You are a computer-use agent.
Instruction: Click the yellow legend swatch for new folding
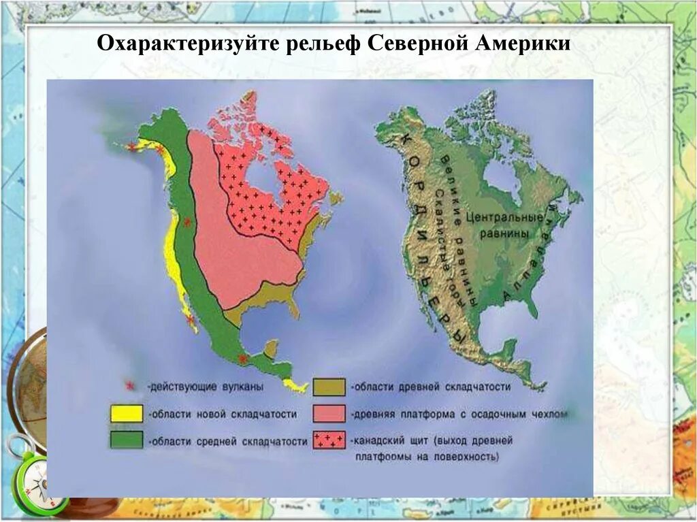pyautogui.click(x=127, y=413)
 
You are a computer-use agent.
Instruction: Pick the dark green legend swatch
pyautogui.click(x=127, y=440)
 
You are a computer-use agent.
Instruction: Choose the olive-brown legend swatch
pyautogui.click(x=330, y=387)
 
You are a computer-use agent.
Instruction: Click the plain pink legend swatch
pyautogui.click(x=330, y=413)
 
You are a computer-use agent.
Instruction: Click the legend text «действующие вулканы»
pyautogui.click(x=205, y=387)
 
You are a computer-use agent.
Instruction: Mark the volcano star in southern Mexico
pyautogui.click(x=240, y=359)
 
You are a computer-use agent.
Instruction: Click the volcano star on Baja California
pyautogui.click(x=189, y=318)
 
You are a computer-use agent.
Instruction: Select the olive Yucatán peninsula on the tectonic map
pyautogui.click(x=271, y=348)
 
